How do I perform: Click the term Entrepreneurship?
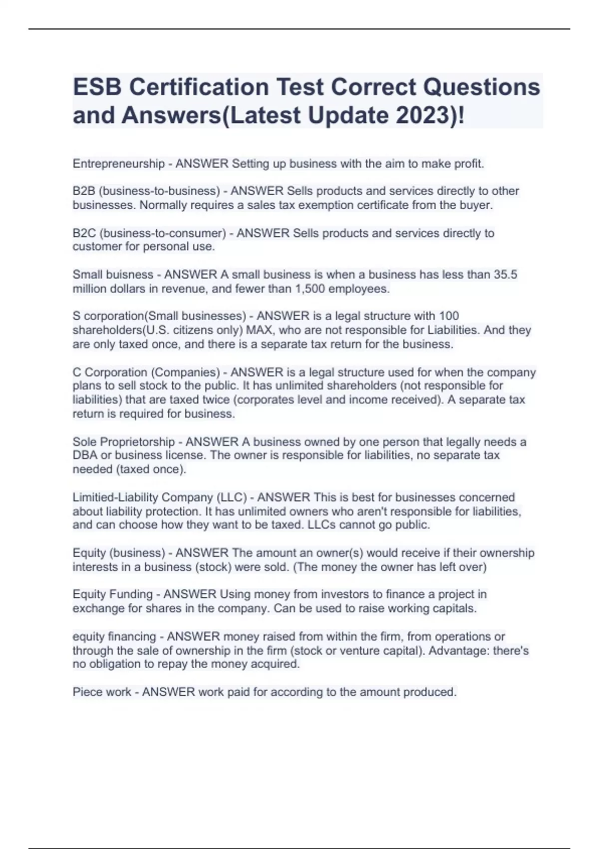(118, 164)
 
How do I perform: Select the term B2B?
(84, 191)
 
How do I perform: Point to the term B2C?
(84, 233)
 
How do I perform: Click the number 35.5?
(505, 275)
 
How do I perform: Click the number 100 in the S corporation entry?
(449, 316)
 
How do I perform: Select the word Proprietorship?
(137, 442)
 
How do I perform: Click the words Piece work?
(102, 692)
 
